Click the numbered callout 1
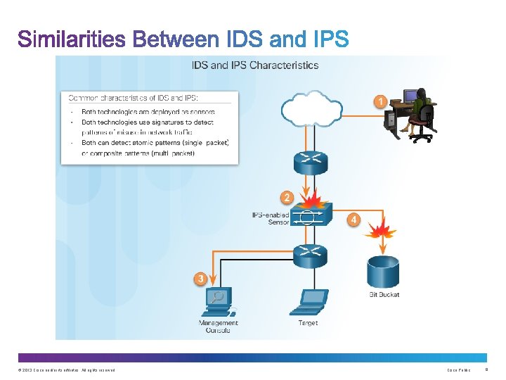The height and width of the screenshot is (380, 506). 380,101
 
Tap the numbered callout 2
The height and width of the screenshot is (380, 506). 286,196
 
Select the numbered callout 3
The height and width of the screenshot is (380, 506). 201,279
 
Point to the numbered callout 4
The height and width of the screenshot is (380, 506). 354,220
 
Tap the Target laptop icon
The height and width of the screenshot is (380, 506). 308,303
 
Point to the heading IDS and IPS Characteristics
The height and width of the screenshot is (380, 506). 255,65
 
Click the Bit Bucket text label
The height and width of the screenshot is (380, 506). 384,294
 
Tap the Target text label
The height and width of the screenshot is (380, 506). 308,323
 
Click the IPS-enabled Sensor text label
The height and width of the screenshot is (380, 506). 271,218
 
